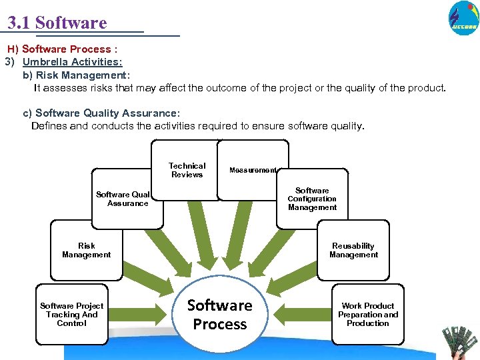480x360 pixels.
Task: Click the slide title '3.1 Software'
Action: point(57,23)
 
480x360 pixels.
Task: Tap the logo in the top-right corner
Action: point(463,18)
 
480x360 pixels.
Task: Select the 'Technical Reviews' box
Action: point(187,170)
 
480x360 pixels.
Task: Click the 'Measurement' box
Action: point(253,170)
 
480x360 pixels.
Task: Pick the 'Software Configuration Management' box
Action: point(312,199)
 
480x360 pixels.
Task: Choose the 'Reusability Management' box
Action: point(353,250)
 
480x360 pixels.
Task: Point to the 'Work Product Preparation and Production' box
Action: point(367,315)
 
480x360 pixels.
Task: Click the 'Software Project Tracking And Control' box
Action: point(71,315)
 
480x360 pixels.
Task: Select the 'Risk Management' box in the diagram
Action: point(86,250)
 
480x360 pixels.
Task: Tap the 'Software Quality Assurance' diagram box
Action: point(124,199)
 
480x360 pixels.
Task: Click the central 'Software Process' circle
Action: point(219,315)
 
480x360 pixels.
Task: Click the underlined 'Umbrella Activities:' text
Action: point(72,62)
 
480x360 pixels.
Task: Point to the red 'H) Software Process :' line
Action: point(63,49)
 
